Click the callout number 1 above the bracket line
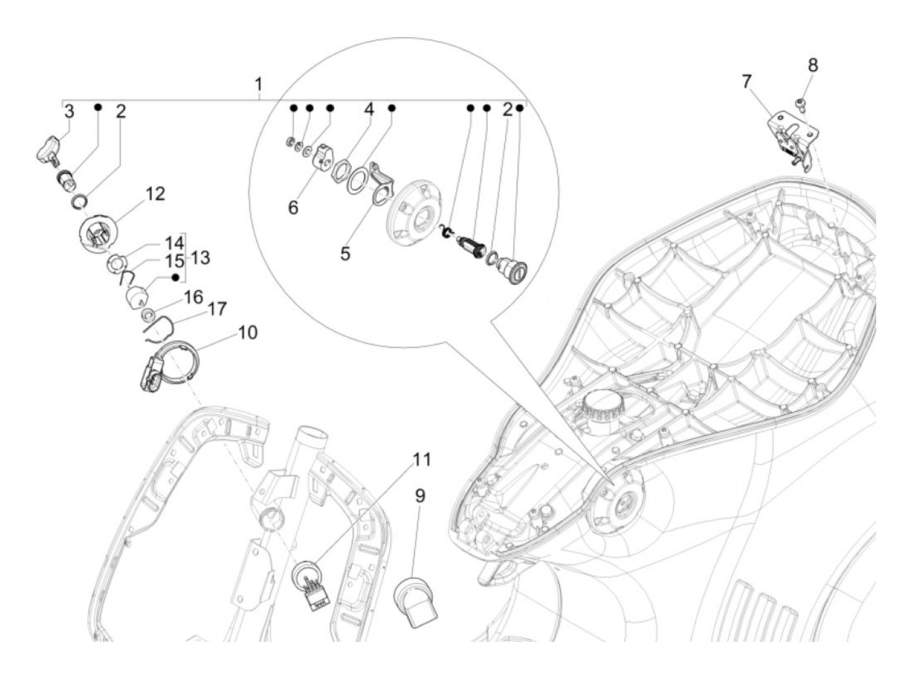click(x=258, y=84)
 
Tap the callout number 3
click(x=70, y=111)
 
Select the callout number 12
click(x=155, y=193)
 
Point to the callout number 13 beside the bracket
click(x=200, y=258)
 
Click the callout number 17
click(x=217, y=309)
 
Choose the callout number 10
click(x=247, y=333)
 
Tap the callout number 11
click(x=421, y=460)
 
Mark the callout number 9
click(x=419, y=496)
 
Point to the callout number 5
click(x=345, y=253)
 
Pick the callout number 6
click(x=293, y=208)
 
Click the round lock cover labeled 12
click(x=97, y=234)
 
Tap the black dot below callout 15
click(x=175, y=278)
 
